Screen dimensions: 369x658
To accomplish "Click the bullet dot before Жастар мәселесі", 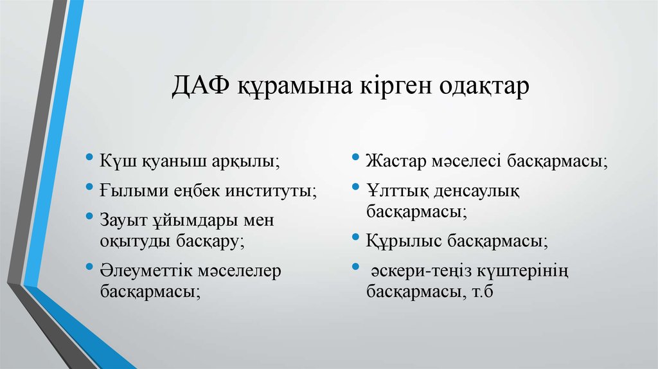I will (356, 157).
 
